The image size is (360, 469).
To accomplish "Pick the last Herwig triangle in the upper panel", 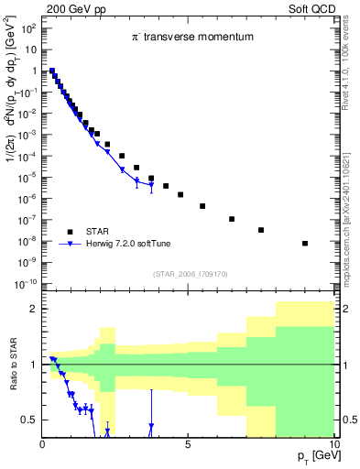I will pos(151,186).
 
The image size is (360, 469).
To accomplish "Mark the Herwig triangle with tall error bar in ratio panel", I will pos(151,425).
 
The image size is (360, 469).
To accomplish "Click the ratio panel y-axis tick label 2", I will pos(33,310).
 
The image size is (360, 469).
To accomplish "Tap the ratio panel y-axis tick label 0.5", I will pos(29,420).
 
